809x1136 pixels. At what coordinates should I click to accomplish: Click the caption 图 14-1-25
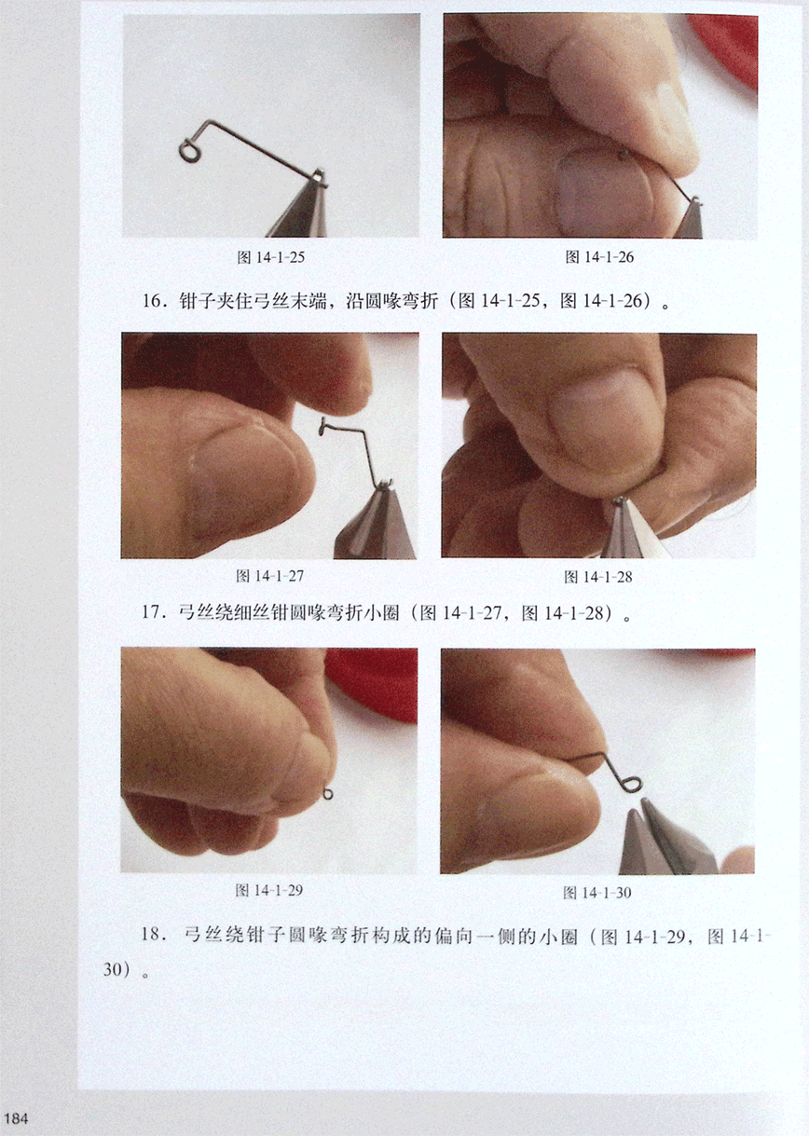coord(271,257)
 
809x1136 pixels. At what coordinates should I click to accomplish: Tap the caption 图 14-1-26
coord(599,257)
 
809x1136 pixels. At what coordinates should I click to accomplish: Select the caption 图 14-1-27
coord(270,576)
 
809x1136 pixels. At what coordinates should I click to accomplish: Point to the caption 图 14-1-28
coord(598,577)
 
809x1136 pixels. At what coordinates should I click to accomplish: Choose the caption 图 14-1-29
coord(269,890)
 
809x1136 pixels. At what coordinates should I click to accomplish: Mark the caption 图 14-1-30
coord(597,893)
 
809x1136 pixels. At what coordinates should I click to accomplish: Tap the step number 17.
coord(152,612)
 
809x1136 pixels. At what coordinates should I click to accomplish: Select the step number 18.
coord(152,934)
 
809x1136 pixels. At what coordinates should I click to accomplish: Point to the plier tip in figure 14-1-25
coord(318,176)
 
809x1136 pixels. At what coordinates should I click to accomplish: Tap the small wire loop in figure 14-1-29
coord(328,793)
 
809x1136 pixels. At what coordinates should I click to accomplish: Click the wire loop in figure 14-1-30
coord(632,785)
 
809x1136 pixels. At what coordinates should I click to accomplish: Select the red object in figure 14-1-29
coord(372,684)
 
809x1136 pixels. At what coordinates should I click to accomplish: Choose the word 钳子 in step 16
coord(197,301)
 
